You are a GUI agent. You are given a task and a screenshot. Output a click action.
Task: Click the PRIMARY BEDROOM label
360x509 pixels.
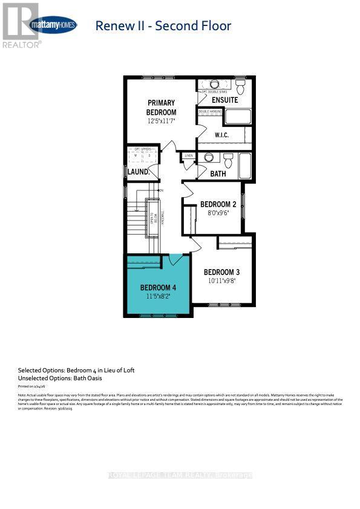point(161,108)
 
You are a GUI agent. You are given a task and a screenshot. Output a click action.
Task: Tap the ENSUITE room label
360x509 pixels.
point(224,100)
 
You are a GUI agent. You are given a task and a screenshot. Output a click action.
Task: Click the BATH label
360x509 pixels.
point(218,173)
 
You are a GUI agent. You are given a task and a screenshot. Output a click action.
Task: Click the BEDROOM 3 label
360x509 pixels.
point(221,271)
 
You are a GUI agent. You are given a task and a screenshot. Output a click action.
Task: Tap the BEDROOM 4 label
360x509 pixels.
point(159,287)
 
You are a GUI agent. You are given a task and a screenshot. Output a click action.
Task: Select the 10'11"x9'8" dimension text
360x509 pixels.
point(221,281)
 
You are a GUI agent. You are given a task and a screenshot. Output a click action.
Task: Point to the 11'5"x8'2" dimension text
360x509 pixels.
point(159,297)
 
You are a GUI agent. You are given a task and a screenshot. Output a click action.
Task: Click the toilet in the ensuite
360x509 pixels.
point(240,86)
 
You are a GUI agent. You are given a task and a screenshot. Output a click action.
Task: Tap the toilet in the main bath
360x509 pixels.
point(228,161)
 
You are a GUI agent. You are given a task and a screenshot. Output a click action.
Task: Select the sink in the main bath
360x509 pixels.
point(209,158)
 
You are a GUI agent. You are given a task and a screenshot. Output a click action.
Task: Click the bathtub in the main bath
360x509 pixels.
point(245,166)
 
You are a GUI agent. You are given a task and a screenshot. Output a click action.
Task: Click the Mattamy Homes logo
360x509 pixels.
point(53,25)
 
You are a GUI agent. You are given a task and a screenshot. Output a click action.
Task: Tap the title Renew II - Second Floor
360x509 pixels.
point(163,25)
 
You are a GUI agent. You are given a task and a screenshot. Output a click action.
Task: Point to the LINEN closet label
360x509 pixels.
point(189,155)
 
